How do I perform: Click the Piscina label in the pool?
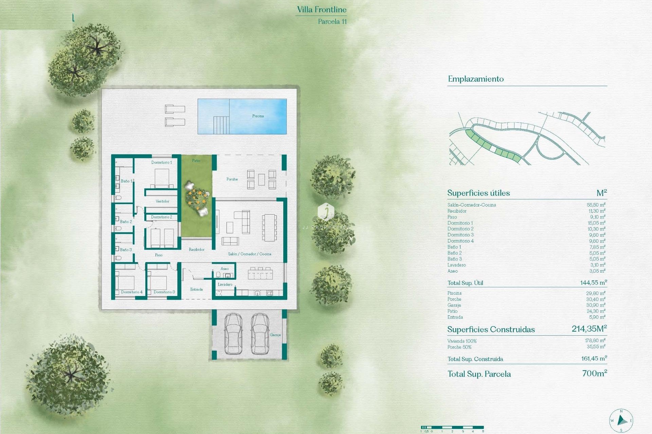258,116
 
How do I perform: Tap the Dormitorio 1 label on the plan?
162,162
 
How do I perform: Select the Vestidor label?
162,201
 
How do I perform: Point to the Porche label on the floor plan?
232,179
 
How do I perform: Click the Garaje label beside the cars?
275,335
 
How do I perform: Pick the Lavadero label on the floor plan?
225,284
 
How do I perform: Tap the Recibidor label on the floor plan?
197,250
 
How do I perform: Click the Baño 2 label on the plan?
126,222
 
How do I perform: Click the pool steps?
221,125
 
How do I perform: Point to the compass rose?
621,420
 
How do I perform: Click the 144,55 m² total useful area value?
593,282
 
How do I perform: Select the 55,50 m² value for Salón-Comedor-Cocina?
596,205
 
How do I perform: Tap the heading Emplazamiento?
475,79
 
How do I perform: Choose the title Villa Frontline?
322,9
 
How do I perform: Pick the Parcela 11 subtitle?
332,21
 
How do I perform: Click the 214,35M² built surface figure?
589,329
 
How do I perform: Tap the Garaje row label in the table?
454,305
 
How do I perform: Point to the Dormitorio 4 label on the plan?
132,292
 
